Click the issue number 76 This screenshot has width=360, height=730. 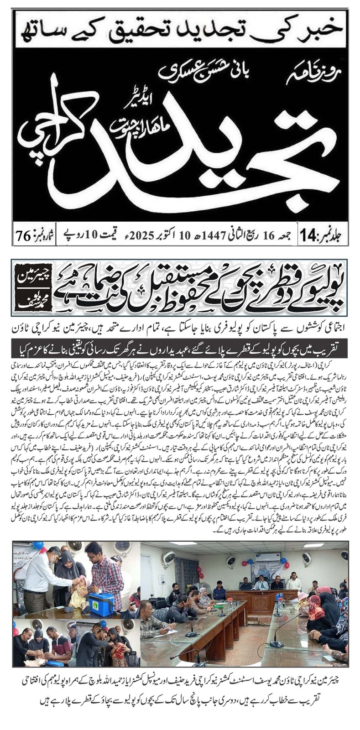(23, 236)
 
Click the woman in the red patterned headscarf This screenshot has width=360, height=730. (315, 611)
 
